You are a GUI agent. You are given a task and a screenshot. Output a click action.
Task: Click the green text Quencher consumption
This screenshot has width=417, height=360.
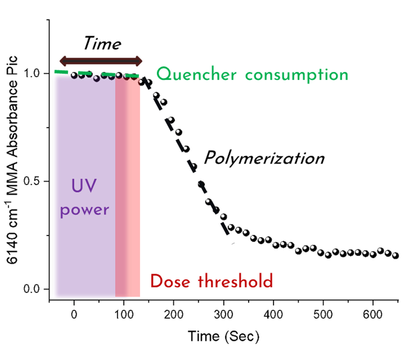tap(252, 75)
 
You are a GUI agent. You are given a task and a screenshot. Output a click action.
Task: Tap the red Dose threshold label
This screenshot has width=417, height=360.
tap(211, 281)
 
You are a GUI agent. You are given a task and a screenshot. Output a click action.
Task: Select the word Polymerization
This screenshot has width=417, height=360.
tap(264, 158)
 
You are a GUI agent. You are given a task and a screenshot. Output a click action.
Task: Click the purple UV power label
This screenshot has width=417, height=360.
tap(84, 197)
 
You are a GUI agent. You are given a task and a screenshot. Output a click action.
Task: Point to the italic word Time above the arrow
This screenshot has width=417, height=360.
tap(102, 44)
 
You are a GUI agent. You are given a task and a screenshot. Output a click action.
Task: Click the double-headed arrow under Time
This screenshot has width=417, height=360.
tap(101, 61)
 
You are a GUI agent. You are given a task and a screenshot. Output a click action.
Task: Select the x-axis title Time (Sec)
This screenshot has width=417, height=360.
tap(223, 336)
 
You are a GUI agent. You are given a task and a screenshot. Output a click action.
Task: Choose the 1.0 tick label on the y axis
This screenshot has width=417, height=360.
tap(36, 73)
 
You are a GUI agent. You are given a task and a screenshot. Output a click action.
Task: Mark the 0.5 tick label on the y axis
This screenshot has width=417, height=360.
tap(36, 181)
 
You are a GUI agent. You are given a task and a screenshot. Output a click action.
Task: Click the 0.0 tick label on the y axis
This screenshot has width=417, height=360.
tap(36, 289)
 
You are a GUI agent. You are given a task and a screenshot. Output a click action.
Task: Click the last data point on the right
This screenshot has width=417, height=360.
tap(395, 255)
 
